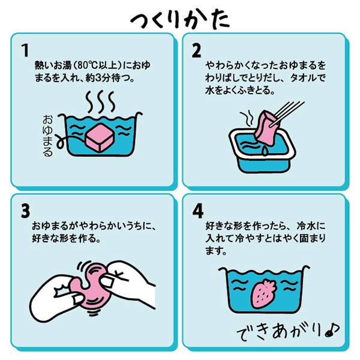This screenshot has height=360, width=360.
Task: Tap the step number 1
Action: coord(25,50)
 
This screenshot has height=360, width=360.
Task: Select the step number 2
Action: coord(196,50)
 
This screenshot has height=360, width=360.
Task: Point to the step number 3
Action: coord(25,211)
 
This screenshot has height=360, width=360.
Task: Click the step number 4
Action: coord(197,211)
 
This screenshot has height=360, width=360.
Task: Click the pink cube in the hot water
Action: coord(100,138)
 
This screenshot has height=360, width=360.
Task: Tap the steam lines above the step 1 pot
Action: coord(100,102)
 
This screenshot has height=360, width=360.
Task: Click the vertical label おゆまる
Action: coord(47,136)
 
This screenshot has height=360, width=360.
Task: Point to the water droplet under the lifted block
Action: coord(265,151)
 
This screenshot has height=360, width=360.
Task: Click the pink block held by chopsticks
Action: coord(266,128)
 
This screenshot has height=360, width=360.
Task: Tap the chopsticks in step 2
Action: coord(289,113)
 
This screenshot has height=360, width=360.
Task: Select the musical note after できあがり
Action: coord(332,331)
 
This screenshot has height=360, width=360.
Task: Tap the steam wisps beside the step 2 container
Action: coord(247,119)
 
